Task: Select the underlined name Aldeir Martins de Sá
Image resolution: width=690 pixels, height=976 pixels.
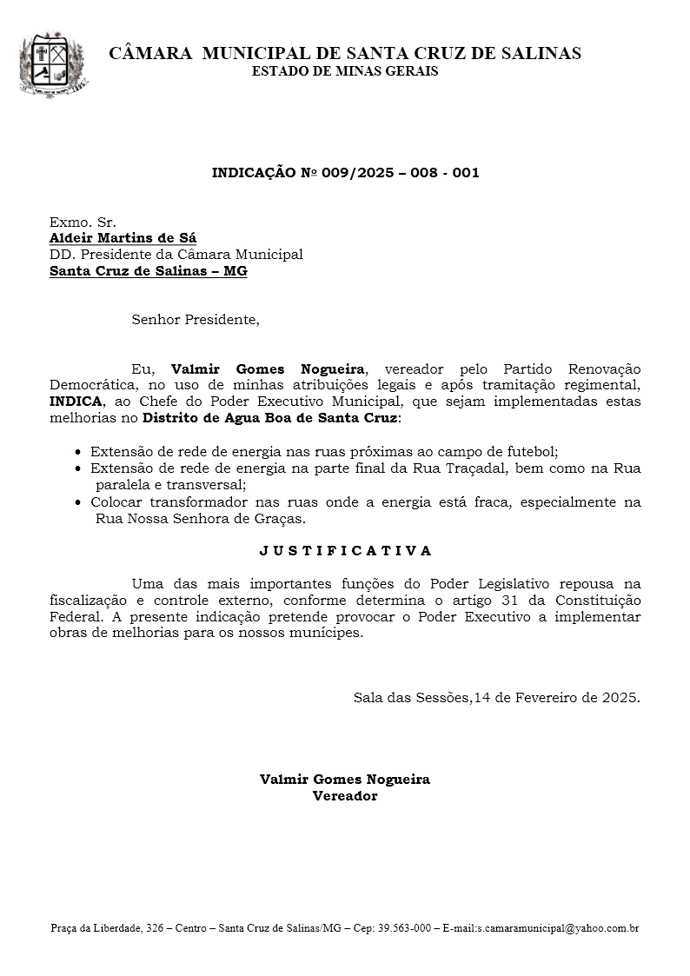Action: [123, 238]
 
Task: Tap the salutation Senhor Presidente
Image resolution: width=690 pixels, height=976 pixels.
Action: [196, 320]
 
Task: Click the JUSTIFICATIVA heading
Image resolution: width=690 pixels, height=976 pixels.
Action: [345, 550]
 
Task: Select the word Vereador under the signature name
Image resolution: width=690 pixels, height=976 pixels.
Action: [345, 796]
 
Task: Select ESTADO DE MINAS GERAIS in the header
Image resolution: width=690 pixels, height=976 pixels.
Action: [345, 71]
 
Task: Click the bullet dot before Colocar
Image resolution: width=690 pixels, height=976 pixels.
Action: [80, 503]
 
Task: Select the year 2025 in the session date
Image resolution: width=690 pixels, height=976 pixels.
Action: [620, 698]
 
